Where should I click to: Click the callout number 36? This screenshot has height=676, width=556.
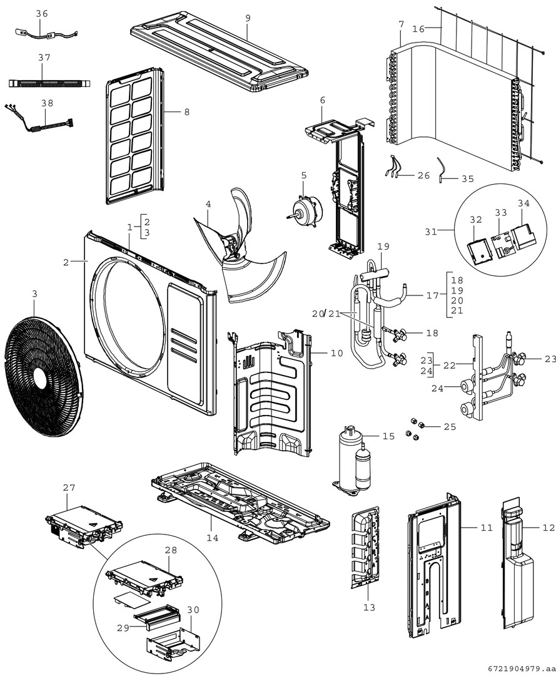point(41,14)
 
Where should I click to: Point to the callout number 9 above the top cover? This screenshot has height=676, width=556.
point(248,18)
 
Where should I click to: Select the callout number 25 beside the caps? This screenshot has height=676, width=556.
point(450,427)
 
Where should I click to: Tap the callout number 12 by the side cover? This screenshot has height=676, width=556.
point(548,528)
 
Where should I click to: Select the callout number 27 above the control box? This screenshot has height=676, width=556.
point(68,486)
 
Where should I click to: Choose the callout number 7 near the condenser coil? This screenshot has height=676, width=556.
point(401,24)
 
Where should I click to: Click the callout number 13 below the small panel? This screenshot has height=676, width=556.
point(369,607)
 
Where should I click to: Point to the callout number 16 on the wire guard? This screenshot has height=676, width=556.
point(418,29)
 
